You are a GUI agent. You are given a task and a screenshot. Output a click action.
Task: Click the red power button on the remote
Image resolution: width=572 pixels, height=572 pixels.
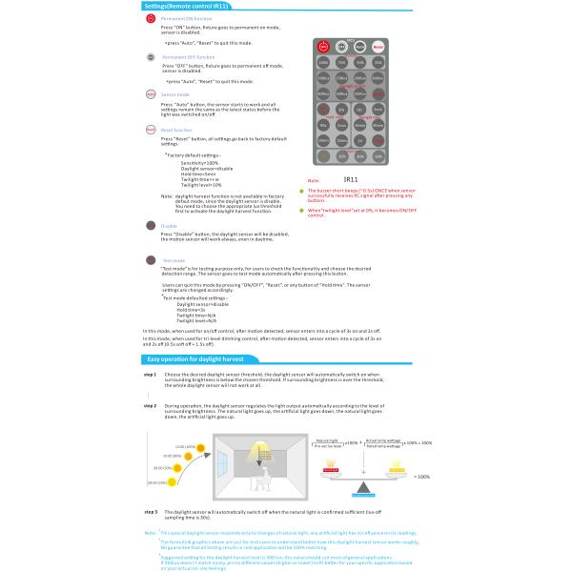click(x=323, y=46)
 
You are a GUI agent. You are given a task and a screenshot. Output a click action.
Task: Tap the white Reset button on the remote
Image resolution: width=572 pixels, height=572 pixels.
click(x=378, y=46)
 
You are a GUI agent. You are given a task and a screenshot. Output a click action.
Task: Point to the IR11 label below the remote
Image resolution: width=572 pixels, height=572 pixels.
click(x=350, y=178)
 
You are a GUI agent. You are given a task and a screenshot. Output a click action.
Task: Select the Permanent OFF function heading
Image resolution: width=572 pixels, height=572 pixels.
click(x=188, y=57)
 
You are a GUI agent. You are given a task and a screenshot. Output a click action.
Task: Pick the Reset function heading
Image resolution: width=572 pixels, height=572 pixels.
click(x=176, y=130)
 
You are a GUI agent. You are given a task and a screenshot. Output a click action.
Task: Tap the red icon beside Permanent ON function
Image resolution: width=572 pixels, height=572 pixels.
click(x=151, y=19)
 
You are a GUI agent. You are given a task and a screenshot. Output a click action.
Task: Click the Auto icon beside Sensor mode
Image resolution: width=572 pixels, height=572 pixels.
click(x=151, y=94)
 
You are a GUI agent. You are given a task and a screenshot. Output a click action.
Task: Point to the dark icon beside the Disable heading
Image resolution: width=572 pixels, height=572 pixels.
click(x=151, y=225)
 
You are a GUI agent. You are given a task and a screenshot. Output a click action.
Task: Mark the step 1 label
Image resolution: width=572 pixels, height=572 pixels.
click(x=150, y=375)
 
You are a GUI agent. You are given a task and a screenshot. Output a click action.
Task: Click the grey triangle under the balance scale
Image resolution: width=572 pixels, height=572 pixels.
click(x=363, y=486)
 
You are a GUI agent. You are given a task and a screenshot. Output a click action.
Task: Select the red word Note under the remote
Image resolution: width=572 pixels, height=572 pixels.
click(x=313, y=179)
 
